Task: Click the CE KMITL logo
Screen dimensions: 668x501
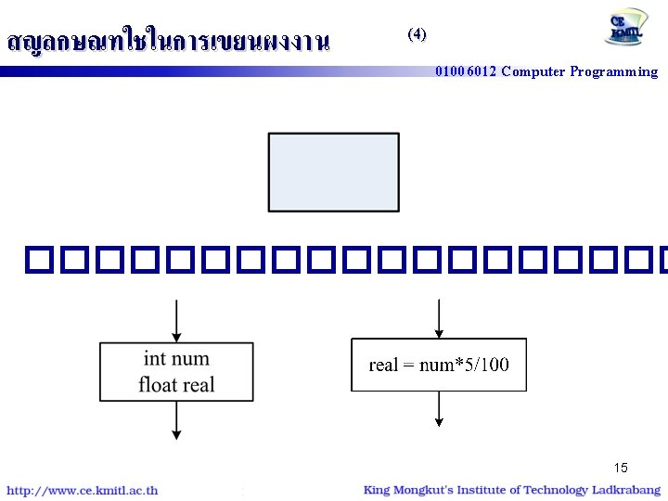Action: coord(628,28)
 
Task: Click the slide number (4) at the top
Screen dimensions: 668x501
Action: coord(417,34)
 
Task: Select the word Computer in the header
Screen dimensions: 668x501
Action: coord(533,72)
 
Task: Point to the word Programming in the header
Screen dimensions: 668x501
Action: coord(615,72)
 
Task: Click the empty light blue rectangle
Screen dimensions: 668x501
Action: coord(334,172)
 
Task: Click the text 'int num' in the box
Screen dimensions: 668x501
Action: coord(176,359)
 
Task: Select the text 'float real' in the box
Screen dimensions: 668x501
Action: coord(176,384)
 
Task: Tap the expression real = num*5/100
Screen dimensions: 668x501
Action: coord(439,365)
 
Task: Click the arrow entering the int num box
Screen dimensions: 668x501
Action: coord(176,322)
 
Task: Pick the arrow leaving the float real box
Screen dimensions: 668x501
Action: coord(176,419)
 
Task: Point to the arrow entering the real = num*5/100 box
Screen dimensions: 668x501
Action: coord(439,318)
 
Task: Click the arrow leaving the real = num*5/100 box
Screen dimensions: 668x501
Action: coord(439,408)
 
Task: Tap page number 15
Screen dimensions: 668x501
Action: coord(620,468)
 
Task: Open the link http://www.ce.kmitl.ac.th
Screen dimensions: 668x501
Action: coord(83,491)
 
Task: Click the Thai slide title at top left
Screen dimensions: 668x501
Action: coord(168,42)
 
